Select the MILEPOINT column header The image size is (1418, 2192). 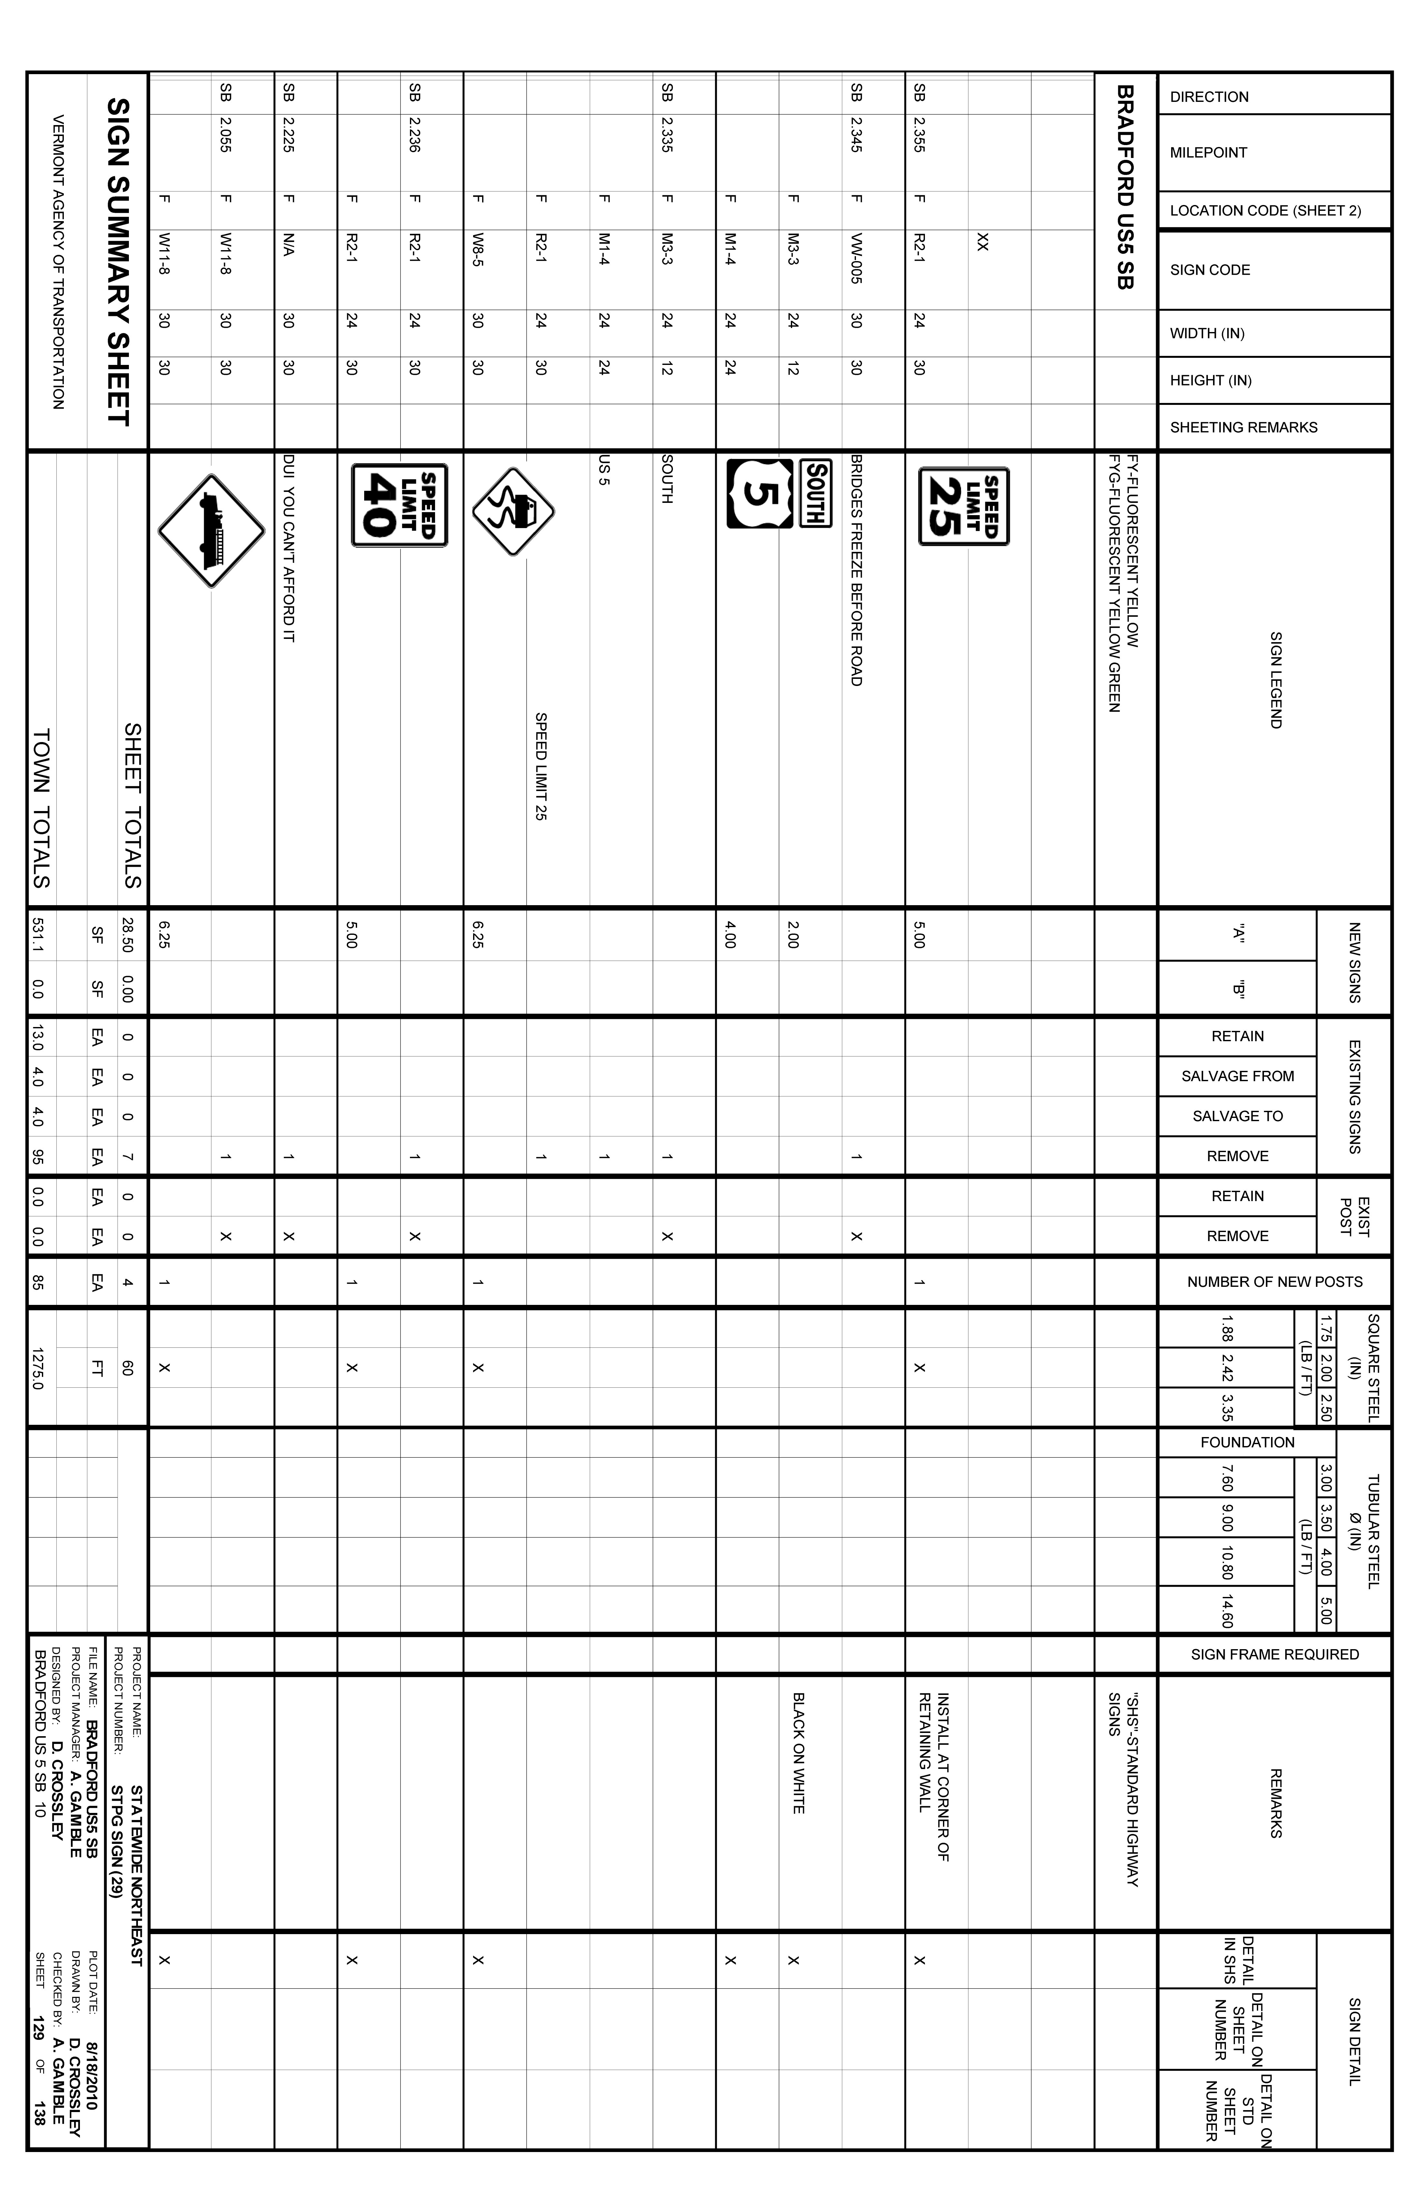pyautogui.click(x=1208, y=153)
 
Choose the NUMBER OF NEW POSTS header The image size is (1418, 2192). pyautogui.click(x=1274, y=1281)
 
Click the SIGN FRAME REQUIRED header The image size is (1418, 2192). pyautogui.click(x=1274, y=1654)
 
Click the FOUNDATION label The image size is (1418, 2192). pyautogui.click(x=1247, y=1442)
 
